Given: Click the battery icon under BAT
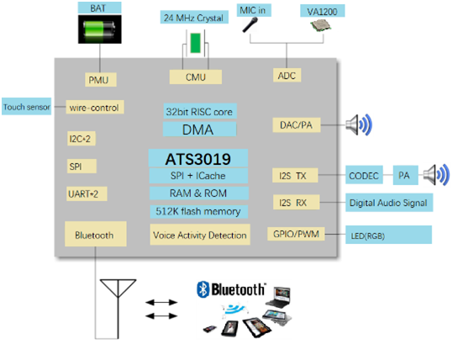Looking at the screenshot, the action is (100, 29).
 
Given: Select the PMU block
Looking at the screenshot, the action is (101, 80).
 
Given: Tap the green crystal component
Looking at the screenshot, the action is (195, 43).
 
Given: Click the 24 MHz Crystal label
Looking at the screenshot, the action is (194, 18).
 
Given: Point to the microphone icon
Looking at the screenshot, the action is (250, 24).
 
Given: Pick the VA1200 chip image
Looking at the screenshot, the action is (320, 25).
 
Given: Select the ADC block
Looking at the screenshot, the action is (287, 76).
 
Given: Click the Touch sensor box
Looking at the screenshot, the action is (27, 107).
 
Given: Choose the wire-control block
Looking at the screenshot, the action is (95, 107).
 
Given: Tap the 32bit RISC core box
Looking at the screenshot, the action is (200, 111).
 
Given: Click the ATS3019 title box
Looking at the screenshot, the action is (198, 158).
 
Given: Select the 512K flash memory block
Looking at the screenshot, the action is (199, 211).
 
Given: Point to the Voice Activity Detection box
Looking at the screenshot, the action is (200, 235).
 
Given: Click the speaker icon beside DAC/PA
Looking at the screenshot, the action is (359, 124).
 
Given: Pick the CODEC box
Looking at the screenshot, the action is (364, 175).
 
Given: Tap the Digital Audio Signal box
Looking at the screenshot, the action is (389, 203).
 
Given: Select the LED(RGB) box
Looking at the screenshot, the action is (388, 235).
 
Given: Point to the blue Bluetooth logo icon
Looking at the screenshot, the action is (203, 289).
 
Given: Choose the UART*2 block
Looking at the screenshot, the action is (87, 193).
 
